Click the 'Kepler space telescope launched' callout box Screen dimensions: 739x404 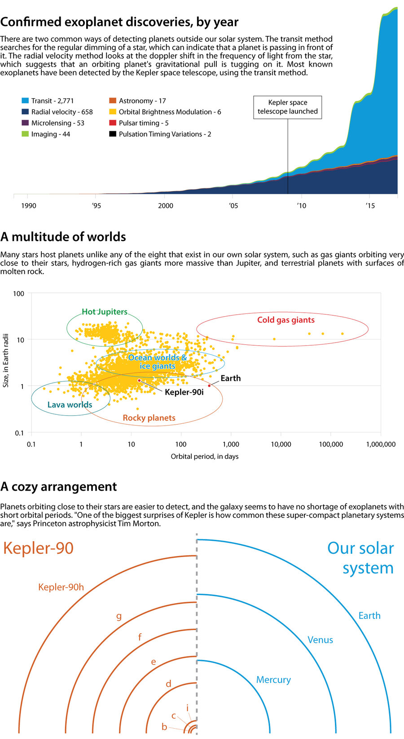click(288, 107)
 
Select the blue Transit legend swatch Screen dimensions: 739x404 click(25, 101)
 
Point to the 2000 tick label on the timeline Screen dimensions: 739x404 click(166, 205)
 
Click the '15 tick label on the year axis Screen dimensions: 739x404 click(369, 205)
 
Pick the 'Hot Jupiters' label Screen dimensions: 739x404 click(105, 312)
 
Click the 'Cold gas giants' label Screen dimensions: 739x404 click(286, 320)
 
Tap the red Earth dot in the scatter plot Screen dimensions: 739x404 click(209, 386)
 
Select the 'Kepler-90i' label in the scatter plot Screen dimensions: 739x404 click(184, 392)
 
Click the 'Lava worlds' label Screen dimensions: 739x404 click(70, 404)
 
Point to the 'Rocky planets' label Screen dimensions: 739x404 click(149, 418)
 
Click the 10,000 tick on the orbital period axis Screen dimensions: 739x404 click(281, 444)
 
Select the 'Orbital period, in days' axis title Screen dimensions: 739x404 click(205, 456)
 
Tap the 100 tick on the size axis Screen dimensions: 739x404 click(19, 294)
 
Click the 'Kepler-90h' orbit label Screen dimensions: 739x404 click(61, 587)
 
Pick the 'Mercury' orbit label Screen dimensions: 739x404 click(273, 679)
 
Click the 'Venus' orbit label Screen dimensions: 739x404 click(320, 640)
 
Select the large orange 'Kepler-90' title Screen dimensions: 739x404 click(38, 548)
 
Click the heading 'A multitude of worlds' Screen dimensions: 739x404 click(63, 237)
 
